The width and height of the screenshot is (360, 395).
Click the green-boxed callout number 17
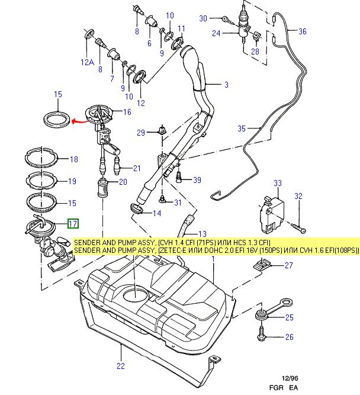click(72, 224)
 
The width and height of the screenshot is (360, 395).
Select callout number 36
click(303, 32)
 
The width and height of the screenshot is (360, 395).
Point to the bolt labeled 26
click(262, 337)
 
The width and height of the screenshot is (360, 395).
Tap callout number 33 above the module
click(278, 184)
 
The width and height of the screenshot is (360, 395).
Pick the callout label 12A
click(88, 62)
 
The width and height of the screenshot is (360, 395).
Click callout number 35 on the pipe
click(242, 128)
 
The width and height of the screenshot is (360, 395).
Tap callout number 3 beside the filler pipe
click(225, 85)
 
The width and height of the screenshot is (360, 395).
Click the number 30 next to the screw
click(203, 19)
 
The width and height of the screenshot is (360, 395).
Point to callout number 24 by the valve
click(217, 34)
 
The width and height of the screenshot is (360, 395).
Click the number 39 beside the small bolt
click(197, 180)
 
